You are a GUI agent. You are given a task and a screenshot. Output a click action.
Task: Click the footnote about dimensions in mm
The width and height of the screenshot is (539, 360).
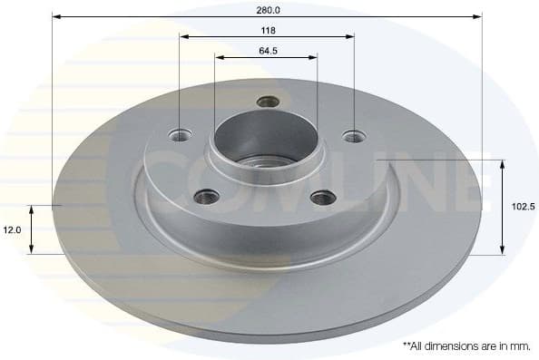[466, 345]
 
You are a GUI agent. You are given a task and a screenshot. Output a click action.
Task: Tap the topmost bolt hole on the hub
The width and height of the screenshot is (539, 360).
[267, 102]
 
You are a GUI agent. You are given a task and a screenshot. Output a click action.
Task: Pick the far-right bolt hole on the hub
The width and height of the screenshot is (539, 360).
[353, 137]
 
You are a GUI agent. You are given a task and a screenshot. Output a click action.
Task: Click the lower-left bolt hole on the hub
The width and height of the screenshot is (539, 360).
[208, 195]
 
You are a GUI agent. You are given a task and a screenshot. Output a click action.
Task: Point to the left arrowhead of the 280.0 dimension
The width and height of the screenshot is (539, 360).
[56, 16]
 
